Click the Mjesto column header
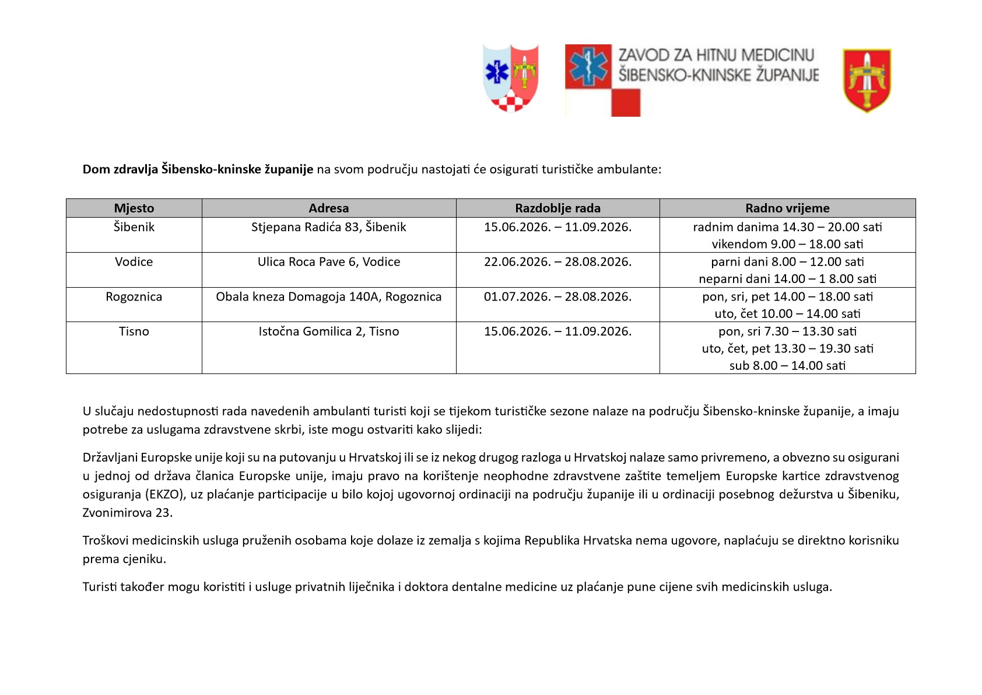[134, 208]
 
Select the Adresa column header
[328, 208]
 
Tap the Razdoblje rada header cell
[557, 208]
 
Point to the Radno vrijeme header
[787, 208]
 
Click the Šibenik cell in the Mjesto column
[134, 227]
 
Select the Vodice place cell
[134, 262]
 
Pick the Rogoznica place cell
[134, 297]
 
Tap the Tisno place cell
[134, 331]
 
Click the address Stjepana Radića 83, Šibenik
[328, 227]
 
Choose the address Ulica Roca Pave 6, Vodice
[328, 262]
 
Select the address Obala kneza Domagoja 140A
[328, 297]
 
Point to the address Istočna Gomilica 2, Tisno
[328, 331]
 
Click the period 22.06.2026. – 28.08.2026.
[557, 262]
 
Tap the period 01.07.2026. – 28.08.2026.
[557, 297]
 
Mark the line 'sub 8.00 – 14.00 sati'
[787, 366]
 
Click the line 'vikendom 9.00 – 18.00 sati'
[787, 245]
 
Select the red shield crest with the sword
[867, 81]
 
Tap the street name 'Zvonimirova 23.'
[128, 513]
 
